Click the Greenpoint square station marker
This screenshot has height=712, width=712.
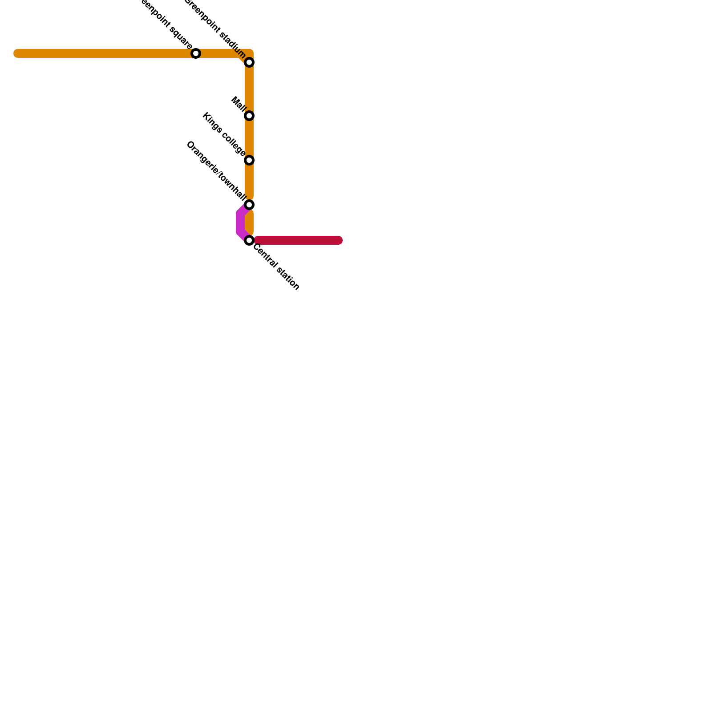(x=196, y=53)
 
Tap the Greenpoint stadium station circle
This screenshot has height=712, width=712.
(x=249, y=62)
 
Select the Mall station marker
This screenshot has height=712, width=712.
(x=249, y=116)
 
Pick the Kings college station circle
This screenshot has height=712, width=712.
(x=249, y=160)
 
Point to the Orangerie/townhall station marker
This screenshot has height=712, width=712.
(x=249, y=205)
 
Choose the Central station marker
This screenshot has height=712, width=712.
(x=249, y=240)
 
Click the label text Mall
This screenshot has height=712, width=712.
(x=239, y=104)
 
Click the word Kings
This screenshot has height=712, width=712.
(x=212, y=123)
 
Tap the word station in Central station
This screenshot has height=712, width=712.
(x=287, y=279)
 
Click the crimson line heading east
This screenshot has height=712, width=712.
(x=296, y=240)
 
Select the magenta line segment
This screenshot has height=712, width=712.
(x=240, y=222)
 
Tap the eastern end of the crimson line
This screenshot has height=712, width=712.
(x=339, y=240)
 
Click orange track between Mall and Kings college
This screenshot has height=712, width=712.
(x=249, y=138)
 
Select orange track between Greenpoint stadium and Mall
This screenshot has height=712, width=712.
(x=249, y=89)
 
